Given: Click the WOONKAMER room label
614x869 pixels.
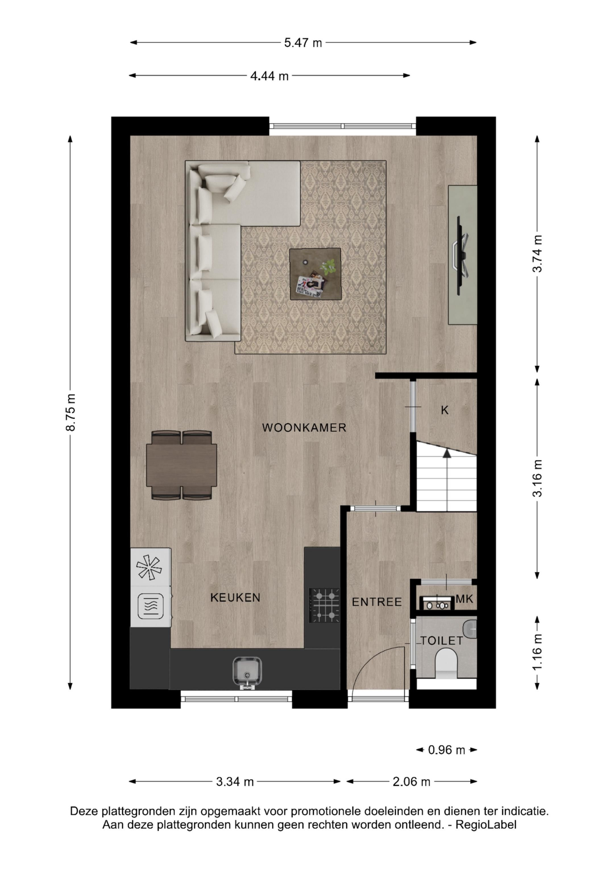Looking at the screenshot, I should tap(304, 428).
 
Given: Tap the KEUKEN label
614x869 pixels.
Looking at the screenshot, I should tap(235, 598).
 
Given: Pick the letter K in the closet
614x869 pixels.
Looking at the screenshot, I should tap(445, 410).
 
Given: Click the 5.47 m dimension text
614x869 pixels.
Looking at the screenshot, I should tap(303, 43).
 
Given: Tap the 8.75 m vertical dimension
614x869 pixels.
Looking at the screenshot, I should tap(71, 412).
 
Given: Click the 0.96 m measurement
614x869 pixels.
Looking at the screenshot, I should tap(446, 750).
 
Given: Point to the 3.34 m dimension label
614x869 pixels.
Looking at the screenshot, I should tap(235, 782).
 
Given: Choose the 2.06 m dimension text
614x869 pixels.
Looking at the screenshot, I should tap(412, 782).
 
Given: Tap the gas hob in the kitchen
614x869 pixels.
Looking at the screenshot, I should tap(325, 606).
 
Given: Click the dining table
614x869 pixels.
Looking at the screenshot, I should tap(182, 465).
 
